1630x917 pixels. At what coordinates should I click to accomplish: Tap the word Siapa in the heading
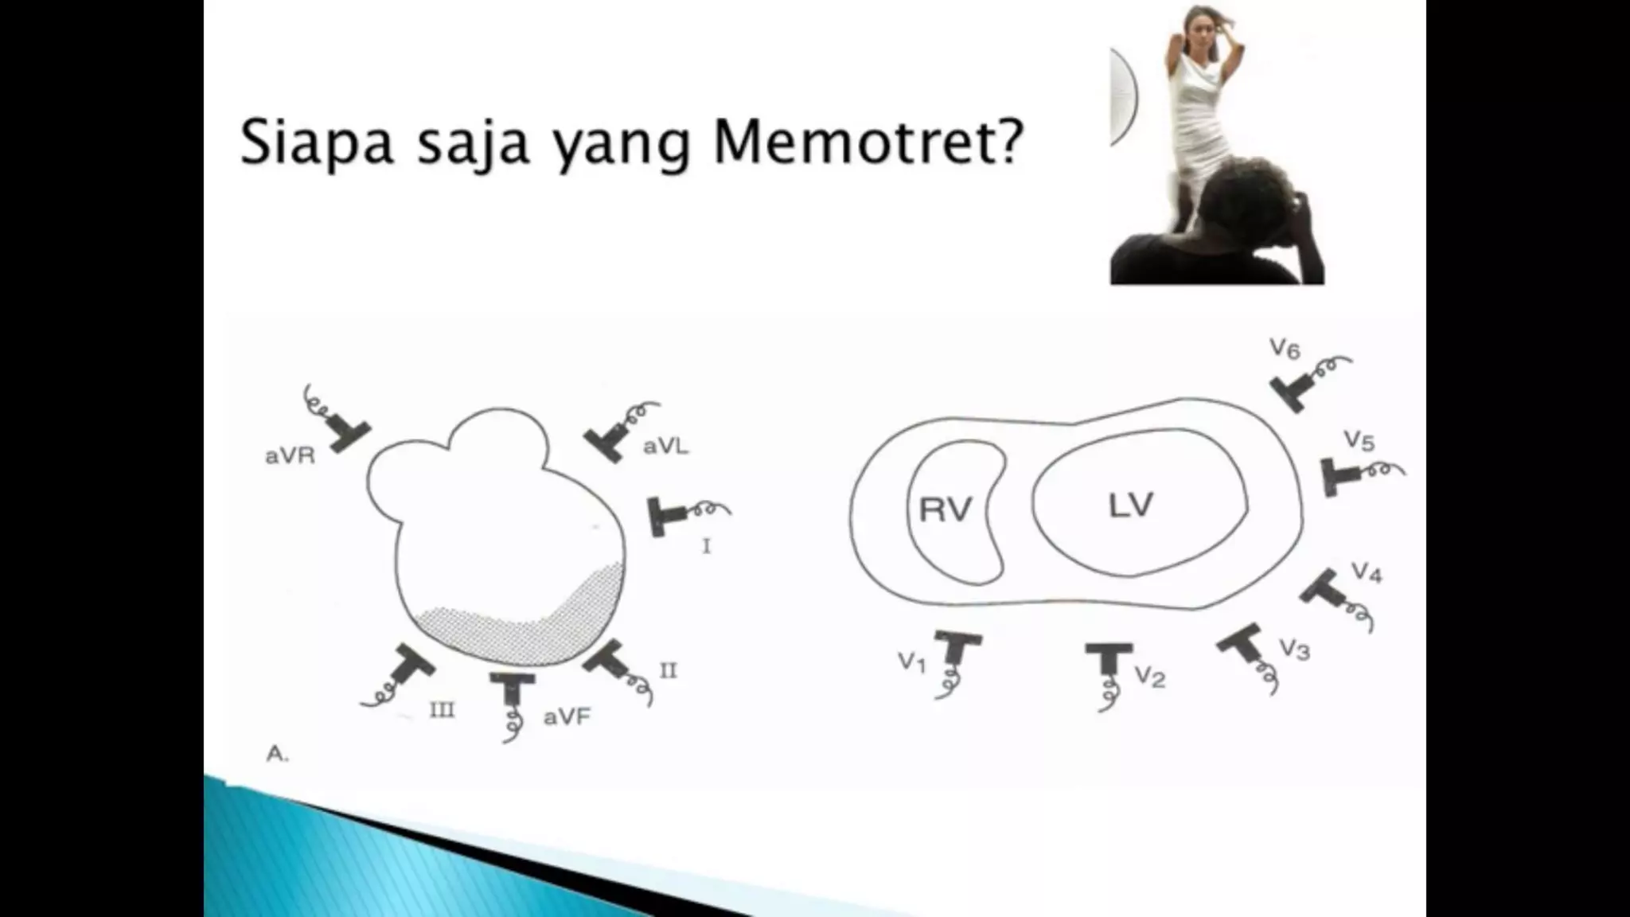pos(317,143)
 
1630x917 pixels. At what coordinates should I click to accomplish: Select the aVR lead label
pos(290,456)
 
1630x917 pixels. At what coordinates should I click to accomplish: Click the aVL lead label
pos(665,447)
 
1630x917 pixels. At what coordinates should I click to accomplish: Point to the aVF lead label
pos(567,717)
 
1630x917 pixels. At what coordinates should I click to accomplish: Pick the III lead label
pos(442,709)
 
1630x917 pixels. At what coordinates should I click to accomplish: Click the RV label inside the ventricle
pos(946,510)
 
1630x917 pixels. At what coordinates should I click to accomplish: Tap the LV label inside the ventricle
pos(1130,505)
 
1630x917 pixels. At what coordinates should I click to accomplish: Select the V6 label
pos(1285,349)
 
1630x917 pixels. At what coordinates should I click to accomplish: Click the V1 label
pos(912,661)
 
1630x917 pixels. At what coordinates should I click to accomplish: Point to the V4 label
pos(1366,572)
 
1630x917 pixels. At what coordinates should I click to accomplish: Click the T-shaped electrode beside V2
pos(1108,660)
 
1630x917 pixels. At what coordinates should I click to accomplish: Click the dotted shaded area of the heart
pos(517,629)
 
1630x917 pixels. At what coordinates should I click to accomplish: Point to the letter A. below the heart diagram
pos(276,754)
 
